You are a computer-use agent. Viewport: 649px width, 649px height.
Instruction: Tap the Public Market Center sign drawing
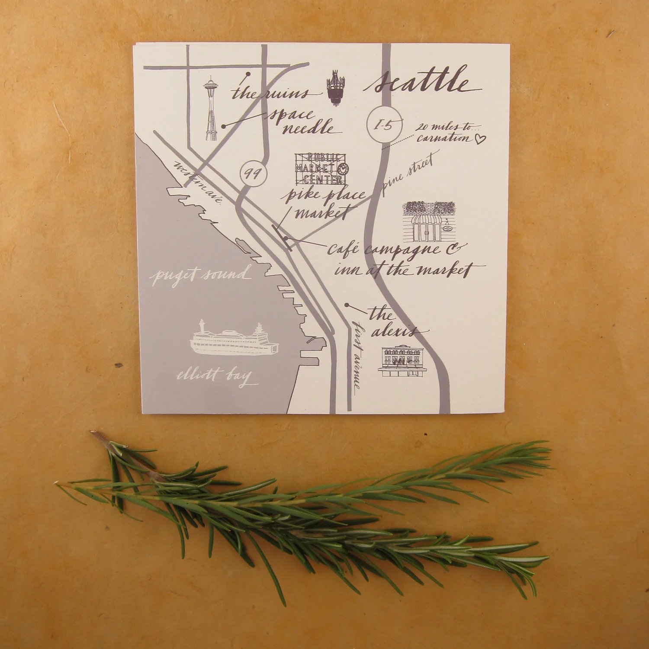point(321,169)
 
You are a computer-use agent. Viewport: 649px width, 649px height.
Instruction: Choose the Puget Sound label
point(199,275)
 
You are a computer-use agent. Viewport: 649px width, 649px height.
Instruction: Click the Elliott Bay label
point(215,376)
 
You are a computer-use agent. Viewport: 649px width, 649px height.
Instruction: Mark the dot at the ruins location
point(247,74)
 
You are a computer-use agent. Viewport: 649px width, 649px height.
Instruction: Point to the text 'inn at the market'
point(402,270)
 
